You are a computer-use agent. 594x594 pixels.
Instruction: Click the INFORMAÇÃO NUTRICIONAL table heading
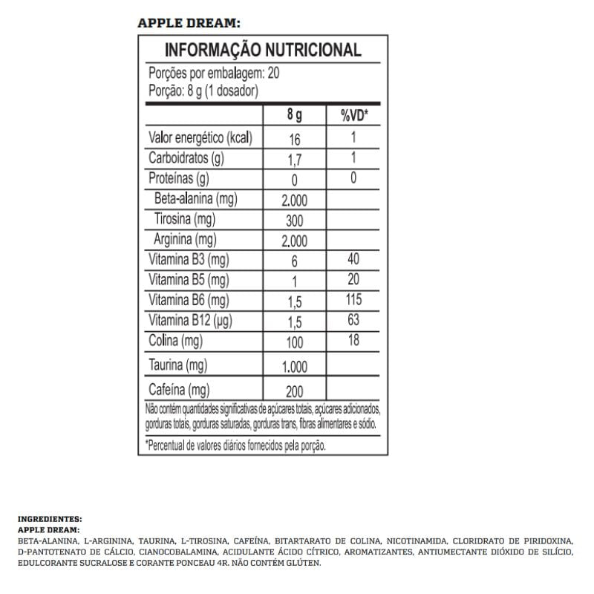[262, 50]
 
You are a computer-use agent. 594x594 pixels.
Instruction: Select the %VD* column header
[354, 116]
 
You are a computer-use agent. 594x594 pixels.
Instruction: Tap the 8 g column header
[295, 116]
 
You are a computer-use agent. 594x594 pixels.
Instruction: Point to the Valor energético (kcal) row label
[201, 138]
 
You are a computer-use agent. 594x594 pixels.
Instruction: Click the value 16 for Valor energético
[295, 139]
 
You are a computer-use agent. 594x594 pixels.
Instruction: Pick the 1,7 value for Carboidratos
[295, 159]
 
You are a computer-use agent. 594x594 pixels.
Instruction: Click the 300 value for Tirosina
[295, 221]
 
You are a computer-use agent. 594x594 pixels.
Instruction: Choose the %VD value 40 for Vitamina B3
[353, 260]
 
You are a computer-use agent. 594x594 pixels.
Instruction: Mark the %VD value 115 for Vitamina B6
[353, 299]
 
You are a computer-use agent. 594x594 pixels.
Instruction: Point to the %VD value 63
[353, 320]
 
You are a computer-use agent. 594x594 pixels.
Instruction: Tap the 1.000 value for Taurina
[295, 366]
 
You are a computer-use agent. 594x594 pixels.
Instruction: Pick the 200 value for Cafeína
[295, 391]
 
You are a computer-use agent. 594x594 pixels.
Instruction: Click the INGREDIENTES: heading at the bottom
[49, 520]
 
